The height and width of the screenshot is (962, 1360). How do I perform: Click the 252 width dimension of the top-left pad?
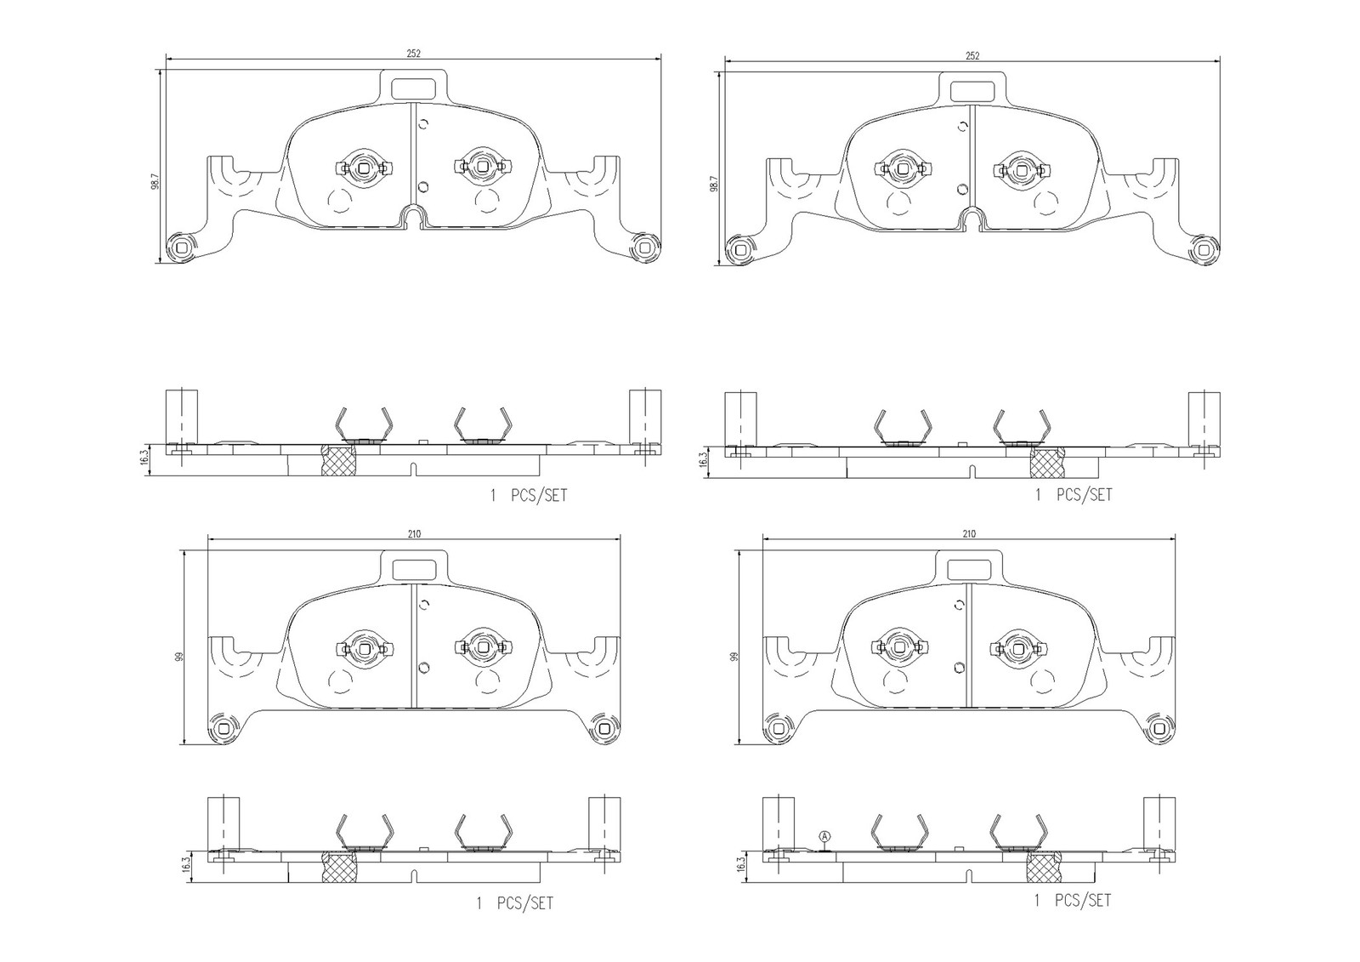pyautogui.click(x=413, y=54)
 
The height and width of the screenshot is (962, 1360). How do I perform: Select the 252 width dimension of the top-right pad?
pyautogui.click(x=972, y=55)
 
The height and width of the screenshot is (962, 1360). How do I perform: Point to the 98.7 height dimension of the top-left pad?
pyautogui.click(x=155, y=182)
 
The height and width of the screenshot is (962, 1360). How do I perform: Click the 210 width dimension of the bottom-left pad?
pyautogui.click(x=414, y=533)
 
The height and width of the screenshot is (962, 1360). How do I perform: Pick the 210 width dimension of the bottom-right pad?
pyautogui.click(x=969, y=533)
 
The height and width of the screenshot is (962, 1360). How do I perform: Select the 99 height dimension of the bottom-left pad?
pyautogui.click(x=179, y=657)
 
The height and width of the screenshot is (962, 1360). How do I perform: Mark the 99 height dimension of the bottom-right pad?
pyautogui.click(x=734, y=657)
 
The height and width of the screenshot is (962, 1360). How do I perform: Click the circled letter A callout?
pyautogui.click(x=824, y=836)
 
